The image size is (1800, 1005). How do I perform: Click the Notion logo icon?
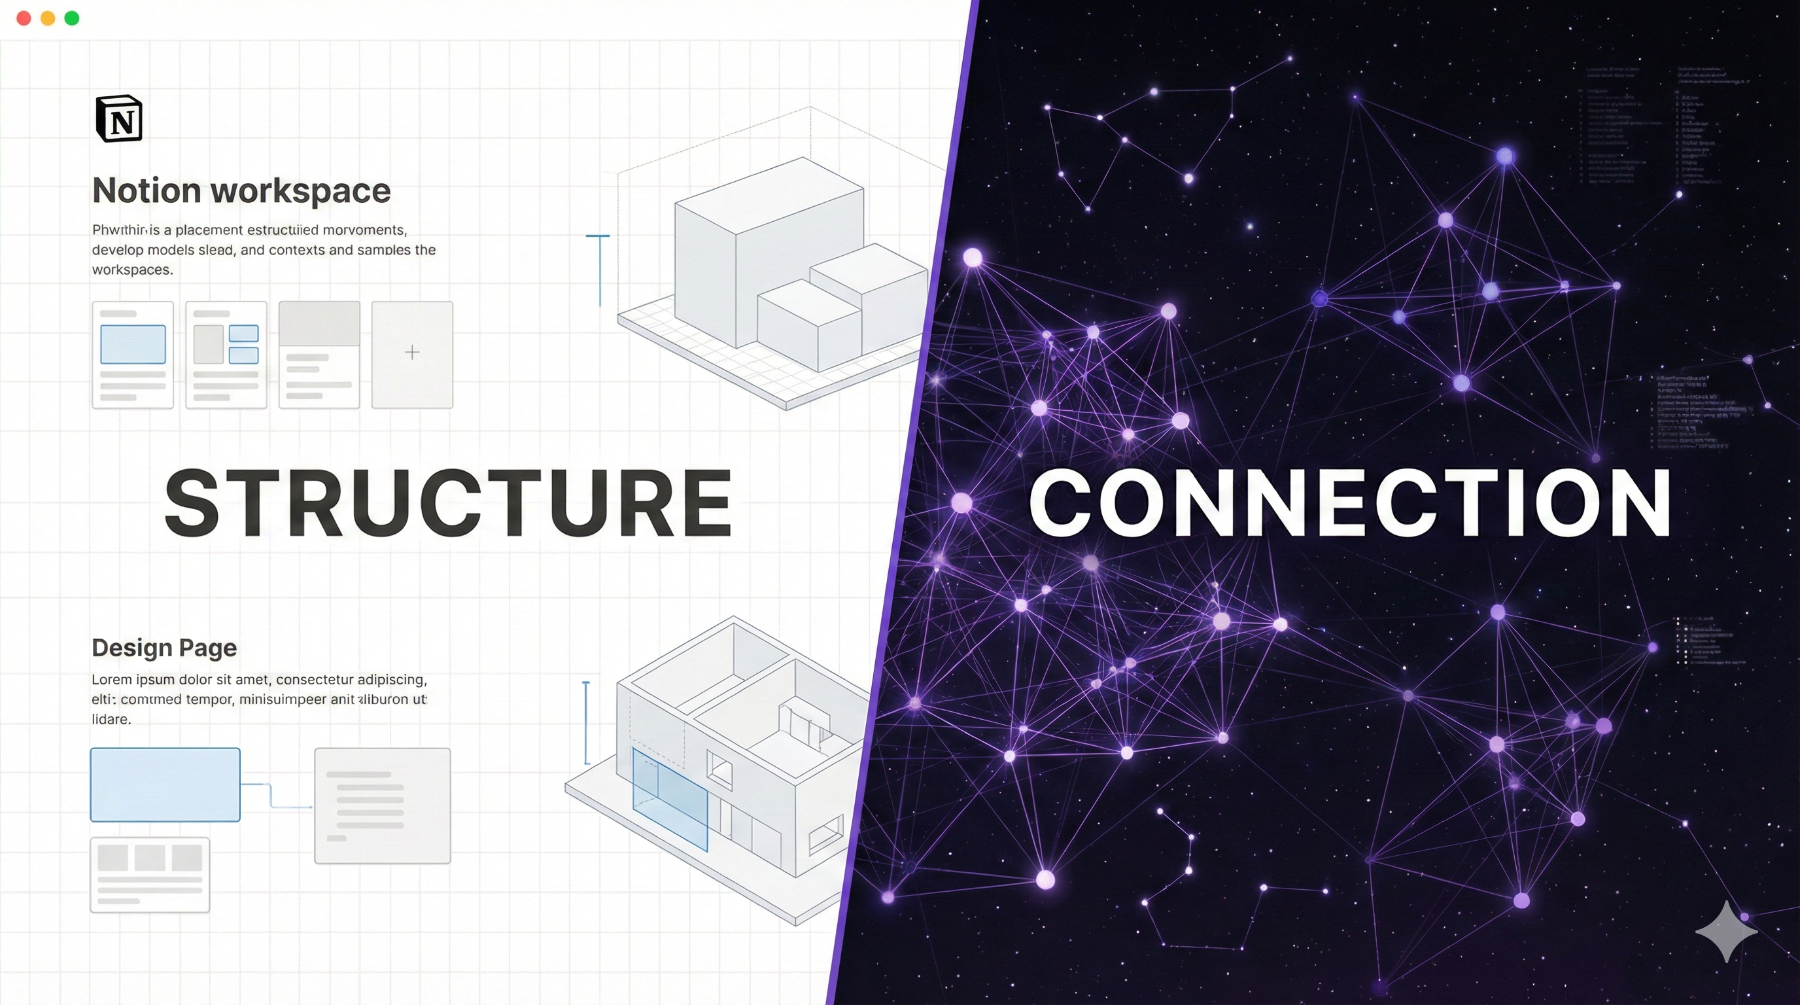[x=119, y=119]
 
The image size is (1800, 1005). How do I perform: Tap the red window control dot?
[x=24, y=18]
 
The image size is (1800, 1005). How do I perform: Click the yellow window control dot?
[x=48, y=18]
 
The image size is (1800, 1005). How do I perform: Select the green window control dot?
[x=71, y=18]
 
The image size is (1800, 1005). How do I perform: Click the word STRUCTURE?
[x=448, y=502]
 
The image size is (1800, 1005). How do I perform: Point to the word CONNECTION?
[x=1349, y=502]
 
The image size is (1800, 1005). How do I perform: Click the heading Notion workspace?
[x=241, y=190]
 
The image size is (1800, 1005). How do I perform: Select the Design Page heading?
[x=164, y=648]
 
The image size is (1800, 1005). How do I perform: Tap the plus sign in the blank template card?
[x=412, y=352]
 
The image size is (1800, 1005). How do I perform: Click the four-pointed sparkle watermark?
[x=1726, y=932]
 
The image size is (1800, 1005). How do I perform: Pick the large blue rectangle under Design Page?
[x=165, y=784]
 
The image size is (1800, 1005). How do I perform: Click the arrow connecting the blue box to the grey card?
[x=277, y=800]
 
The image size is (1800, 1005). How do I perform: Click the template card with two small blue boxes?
[x=226, y=355]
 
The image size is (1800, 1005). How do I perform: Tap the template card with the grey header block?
[x=319, y=355]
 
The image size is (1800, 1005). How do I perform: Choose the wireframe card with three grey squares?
[x=150, y=874]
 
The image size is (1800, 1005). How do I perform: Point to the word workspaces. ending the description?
[x=132, y=270]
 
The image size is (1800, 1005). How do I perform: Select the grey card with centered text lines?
[x=382, y=806]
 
